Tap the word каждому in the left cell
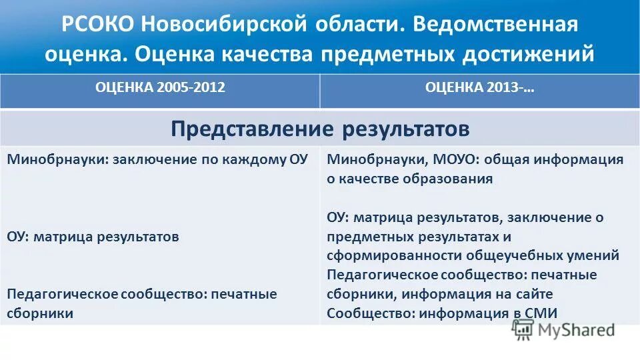pos(249,160)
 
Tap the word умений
pos(595,256)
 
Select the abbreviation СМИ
pos(542,313)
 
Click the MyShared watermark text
pos(577,329)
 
